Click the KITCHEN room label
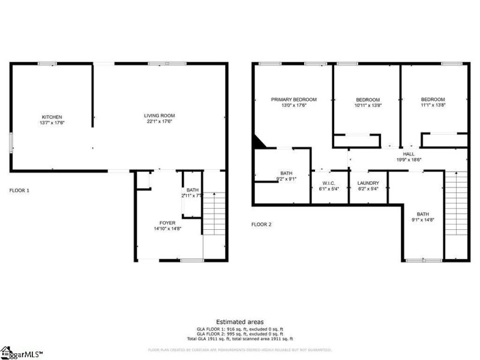(52, 117)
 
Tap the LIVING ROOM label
(159, 116)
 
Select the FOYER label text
(167, 223)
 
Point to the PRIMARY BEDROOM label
(293, 100)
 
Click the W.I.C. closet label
(328, 183)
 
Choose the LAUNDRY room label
(368, 183)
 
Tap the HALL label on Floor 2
(409, 154)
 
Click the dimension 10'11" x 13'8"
(368, 106)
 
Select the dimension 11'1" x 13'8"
(433, 106)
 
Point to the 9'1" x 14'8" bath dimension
(423, 220)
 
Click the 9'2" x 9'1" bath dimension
(286, 178)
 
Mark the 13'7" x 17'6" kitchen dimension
(52, 122)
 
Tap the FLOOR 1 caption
(19, 190)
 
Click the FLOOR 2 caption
(261, 224)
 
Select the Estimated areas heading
(239, 322)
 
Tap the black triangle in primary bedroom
(258, 141)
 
